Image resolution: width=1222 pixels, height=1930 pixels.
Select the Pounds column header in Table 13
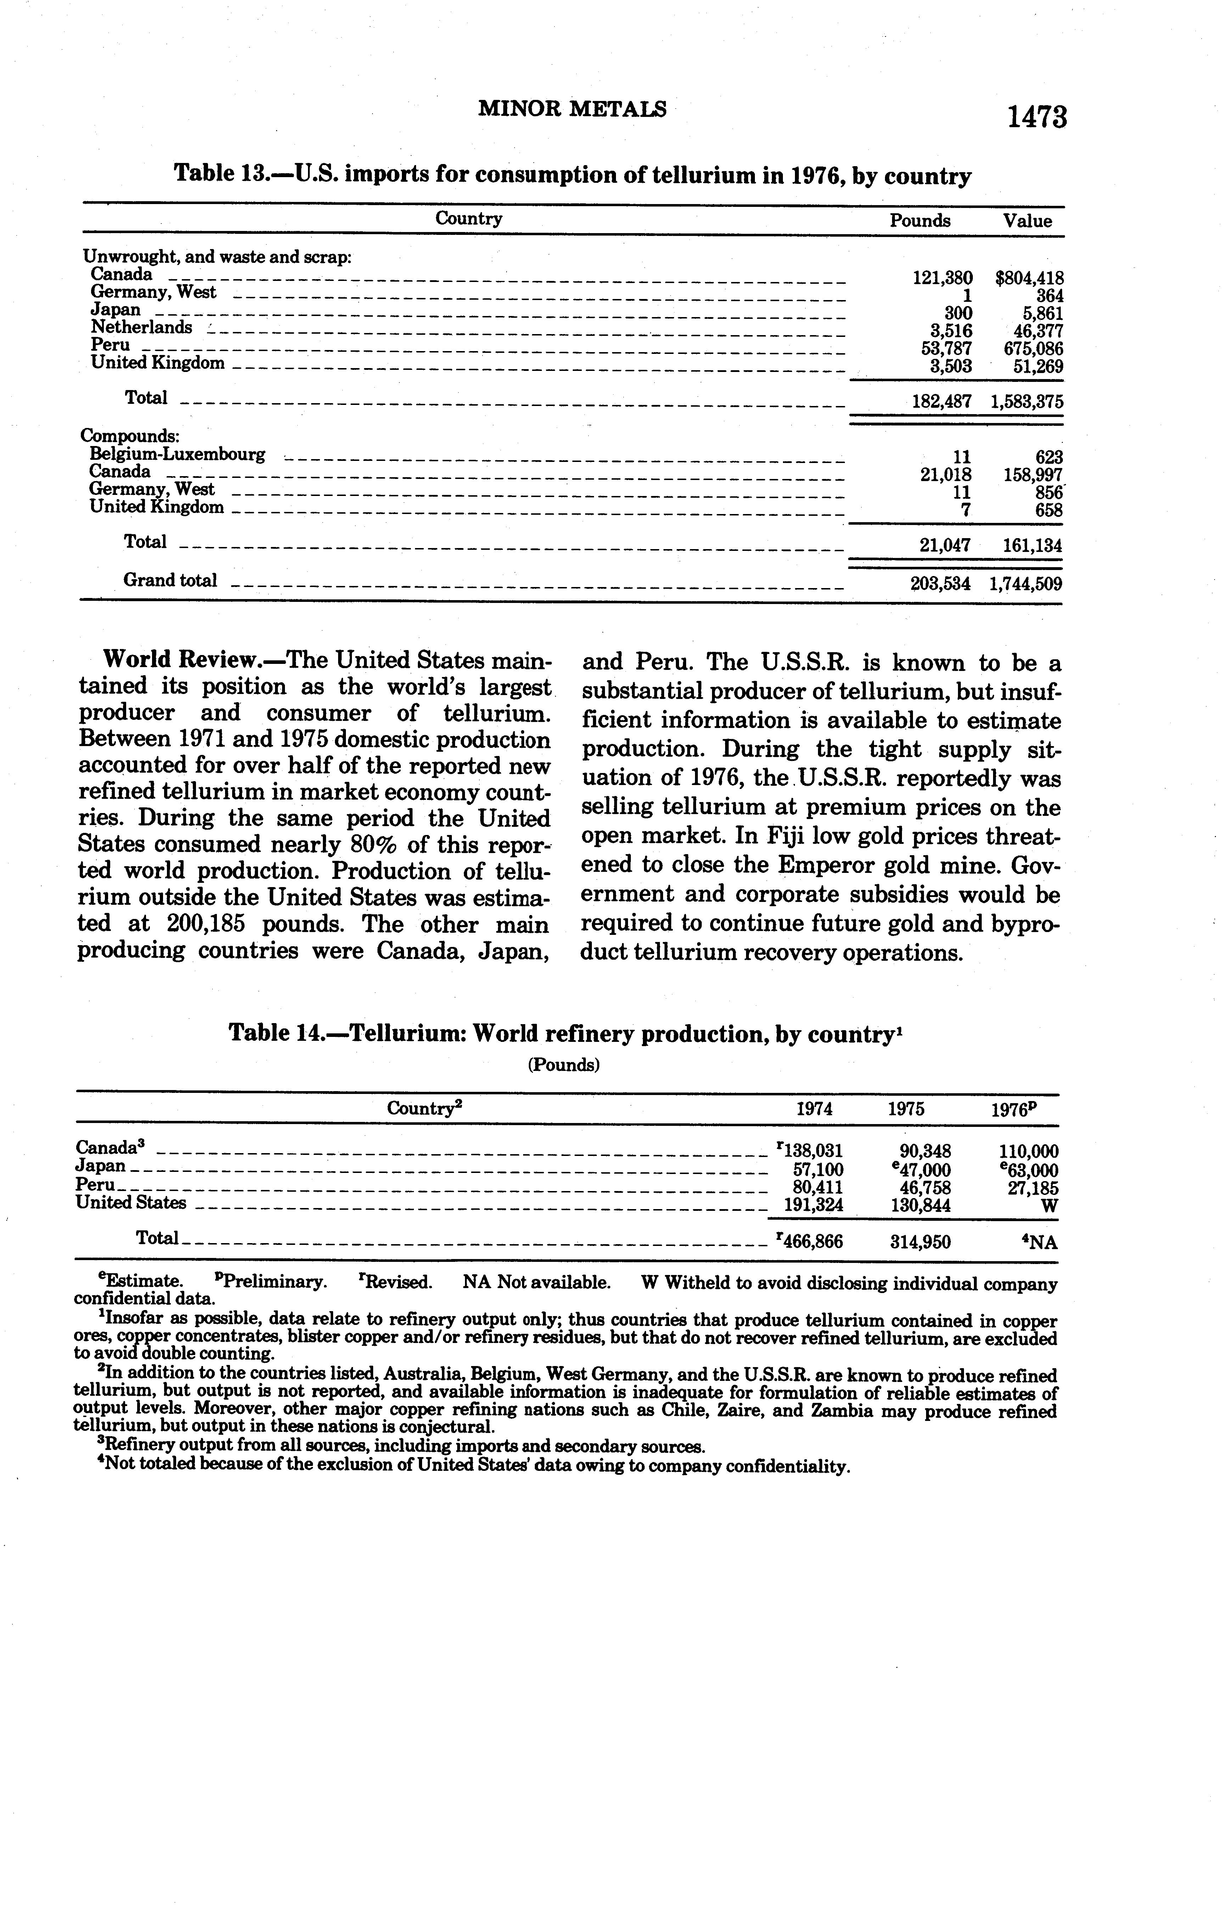[920, 221]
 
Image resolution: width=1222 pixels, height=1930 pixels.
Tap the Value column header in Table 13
[1027, 221]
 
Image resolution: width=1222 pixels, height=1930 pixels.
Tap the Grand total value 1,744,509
[1026, 584]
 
